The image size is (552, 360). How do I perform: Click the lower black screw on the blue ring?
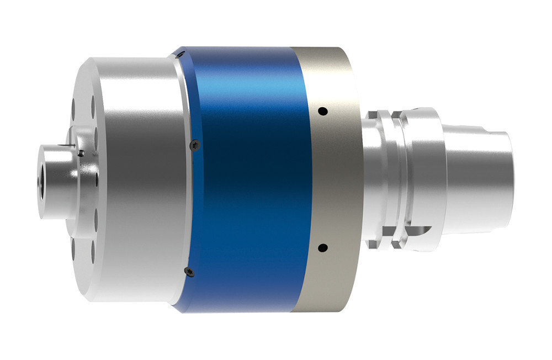[188, 270]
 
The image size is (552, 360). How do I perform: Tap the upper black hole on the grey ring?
[324, 112]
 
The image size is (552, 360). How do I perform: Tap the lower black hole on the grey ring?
[323, 247]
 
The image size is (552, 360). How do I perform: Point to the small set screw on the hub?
[81, 153]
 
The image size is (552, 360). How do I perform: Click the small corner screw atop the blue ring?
[181, 54]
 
